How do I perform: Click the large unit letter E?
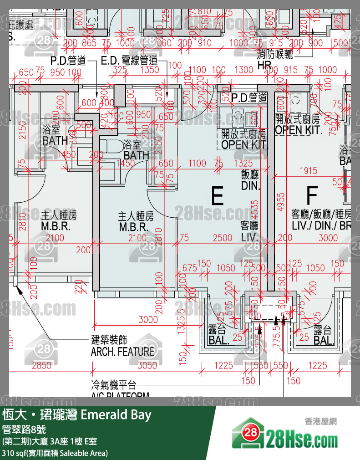click(x=218, y=196)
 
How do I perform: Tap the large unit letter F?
click(x=311, y=195)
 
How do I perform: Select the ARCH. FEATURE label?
click(x=122, y=352)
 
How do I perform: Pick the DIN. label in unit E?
click(x=250, y=186)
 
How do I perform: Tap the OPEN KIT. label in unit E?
click(x=244, y=145)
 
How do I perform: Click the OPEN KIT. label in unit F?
click(x=299, y=129)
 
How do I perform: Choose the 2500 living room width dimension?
click(x=223, y=237)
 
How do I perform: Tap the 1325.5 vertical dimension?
click(x=182, y=322)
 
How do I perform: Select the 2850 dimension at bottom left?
click(x=41, y=365)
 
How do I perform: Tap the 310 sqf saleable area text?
click(x=55, y=453)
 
